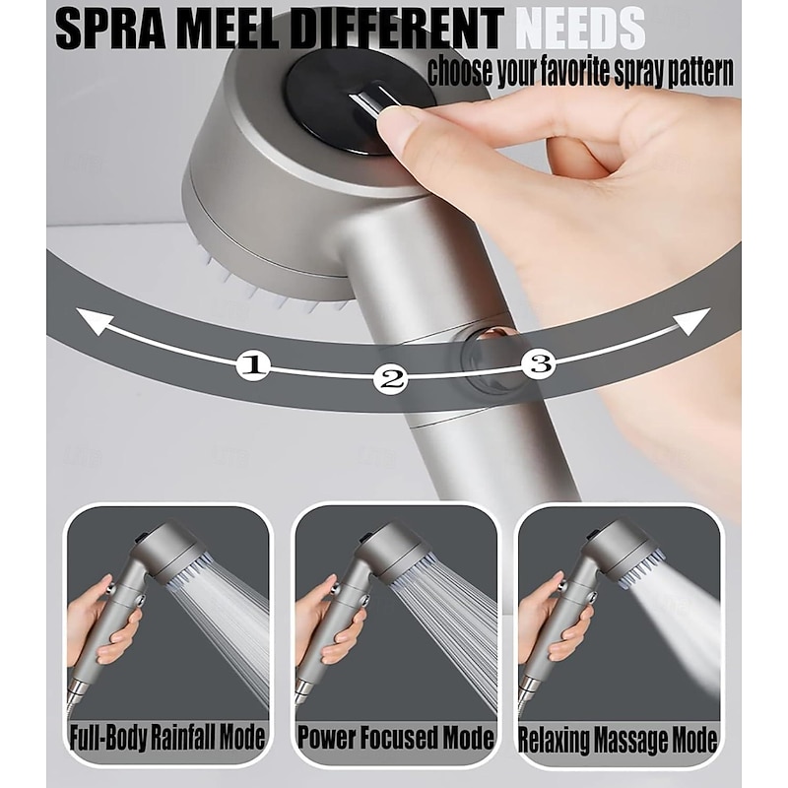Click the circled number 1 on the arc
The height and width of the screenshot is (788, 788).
click(x=255, y=365)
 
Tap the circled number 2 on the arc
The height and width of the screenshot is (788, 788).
click(x=391, y=378)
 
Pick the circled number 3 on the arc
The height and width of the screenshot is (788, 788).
click(x=537, y=363)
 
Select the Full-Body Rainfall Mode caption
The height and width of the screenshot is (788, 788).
click(x=167, y=738)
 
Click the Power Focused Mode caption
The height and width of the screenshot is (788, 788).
click(x=395, y=738)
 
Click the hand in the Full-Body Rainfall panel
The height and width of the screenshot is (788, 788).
click(x=94, y=616)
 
